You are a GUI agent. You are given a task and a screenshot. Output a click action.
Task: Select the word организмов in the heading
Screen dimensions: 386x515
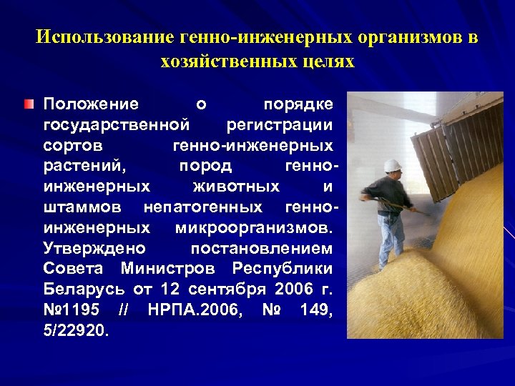click(402, 36)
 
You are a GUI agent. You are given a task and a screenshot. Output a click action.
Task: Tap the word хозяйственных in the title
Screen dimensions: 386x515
click(227, 61)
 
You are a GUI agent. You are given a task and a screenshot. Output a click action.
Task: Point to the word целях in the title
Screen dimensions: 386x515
click(325, 61)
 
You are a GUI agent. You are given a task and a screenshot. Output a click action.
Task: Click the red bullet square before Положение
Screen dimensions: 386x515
click(28, 104)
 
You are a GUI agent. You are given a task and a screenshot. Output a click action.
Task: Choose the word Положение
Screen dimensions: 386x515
click(91, 104)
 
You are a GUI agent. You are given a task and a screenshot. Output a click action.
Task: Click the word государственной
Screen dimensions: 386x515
click(117, 125)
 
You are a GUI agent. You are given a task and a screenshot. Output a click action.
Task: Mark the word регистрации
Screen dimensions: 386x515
click(279, 125)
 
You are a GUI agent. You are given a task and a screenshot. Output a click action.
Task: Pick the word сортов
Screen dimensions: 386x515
click(72, 146)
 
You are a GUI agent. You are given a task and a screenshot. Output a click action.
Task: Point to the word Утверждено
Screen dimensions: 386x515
click(94, 249)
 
